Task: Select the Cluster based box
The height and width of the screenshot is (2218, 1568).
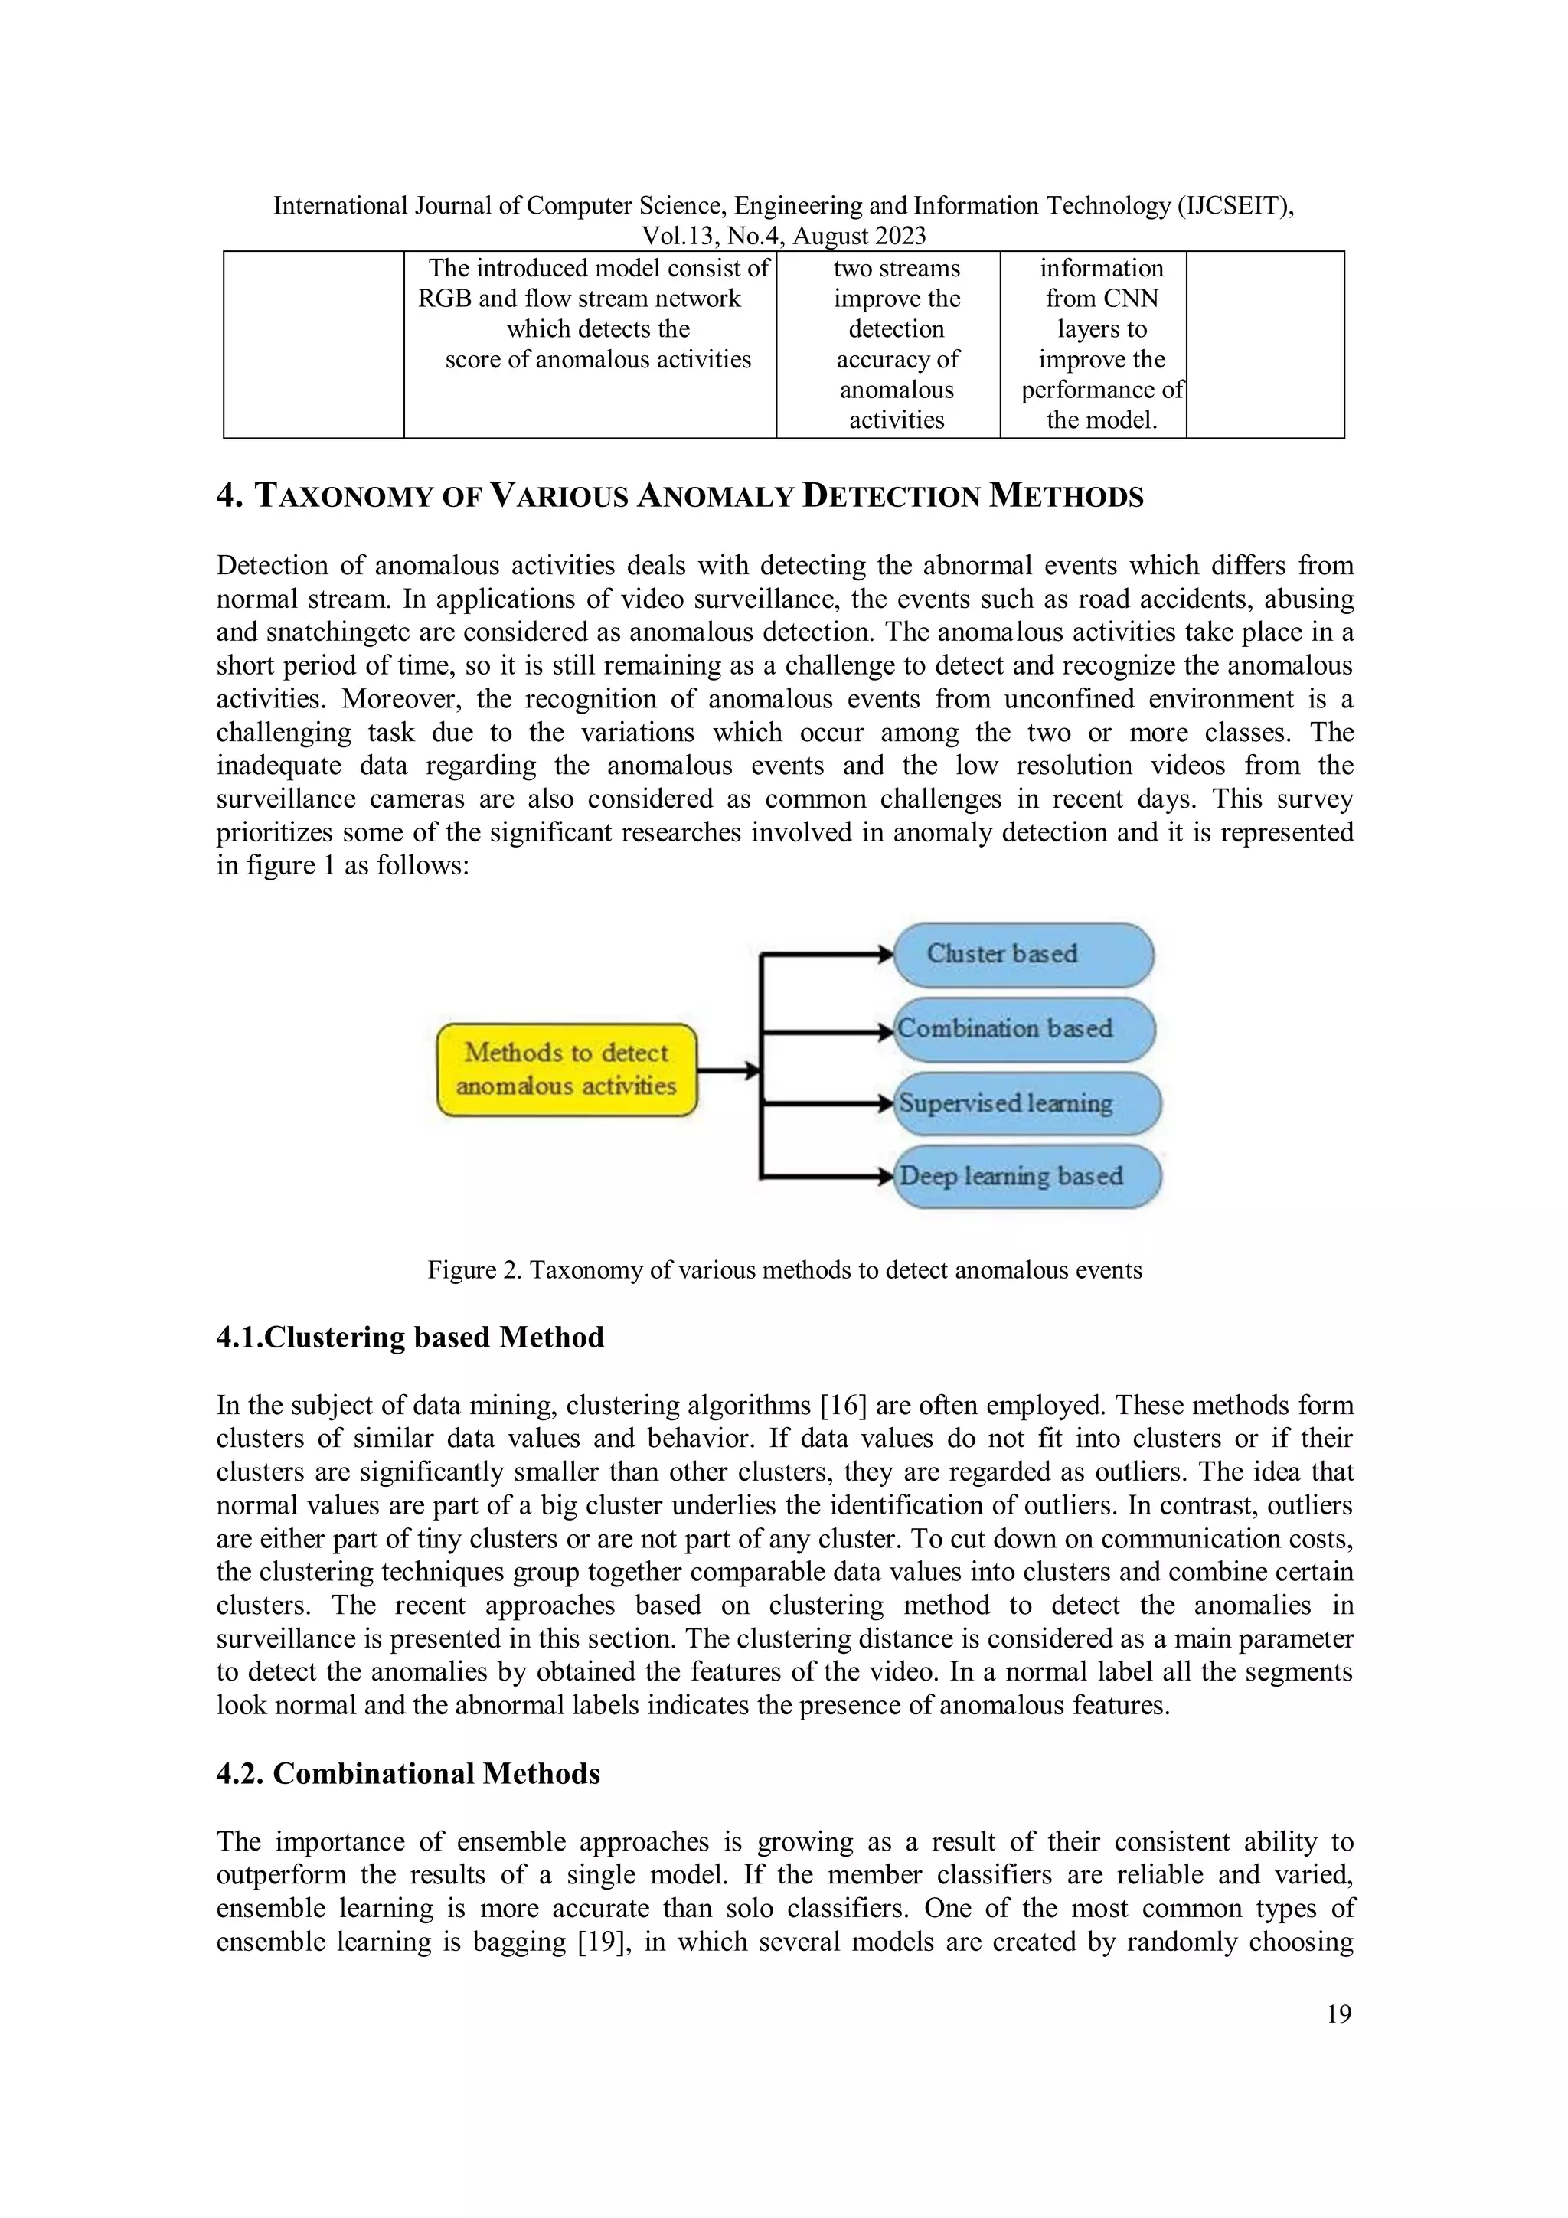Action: [1023, 953]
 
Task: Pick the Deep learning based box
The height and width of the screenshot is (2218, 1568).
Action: [1026, 1177]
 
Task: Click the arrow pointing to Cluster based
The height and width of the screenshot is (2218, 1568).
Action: [826, 955]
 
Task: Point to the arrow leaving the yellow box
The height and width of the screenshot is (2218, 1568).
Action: [727, 1070]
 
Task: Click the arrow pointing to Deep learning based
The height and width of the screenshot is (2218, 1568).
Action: [826, 1177]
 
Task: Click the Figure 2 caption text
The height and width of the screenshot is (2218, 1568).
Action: [785, 1269]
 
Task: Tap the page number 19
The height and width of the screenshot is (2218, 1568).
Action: [1339, 2014]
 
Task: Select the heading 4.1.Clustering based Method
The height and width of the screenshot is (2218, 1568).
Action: [410, 1337]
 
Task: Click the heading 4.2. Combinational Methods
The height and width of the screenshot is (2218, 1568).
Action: [408, 1774]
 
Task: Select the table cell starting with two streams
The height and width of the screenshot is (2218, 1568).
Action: [896, 343]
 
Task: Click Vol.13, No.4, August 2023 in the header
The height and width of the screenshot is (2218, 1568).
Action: [783, 236]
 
